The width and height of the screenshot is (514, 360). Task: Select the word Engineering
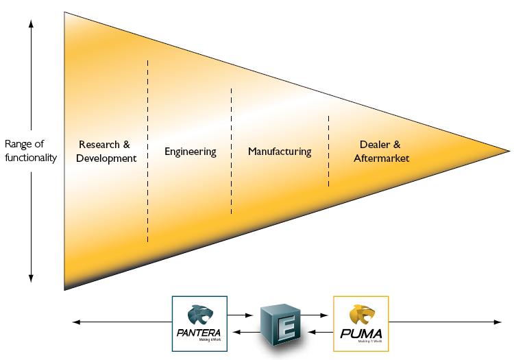191,152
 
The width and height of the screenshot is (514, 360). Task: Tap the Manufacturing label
280,152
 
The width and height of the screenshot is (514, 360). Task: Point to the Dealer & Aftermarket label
381,152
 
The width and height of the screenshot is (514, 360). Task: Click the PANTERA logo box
199,323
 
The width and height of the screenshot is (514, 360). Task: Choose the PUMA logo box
360,323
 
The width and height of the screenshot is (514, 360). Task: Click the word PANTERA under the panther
199,334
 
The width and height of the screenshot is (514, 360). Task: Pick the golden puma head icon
360,314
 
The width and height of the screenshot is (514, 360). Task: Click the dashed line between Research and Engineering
147,151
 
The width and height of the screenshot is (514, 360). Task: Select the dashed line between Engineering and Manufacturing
231,151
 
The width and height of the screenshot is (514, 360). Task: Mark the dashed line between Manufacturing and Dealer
328,151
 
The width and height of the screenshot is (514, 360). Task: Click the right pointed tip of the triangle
509,149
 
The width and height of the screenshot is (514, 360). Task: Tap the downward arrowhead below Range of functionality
31,278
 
